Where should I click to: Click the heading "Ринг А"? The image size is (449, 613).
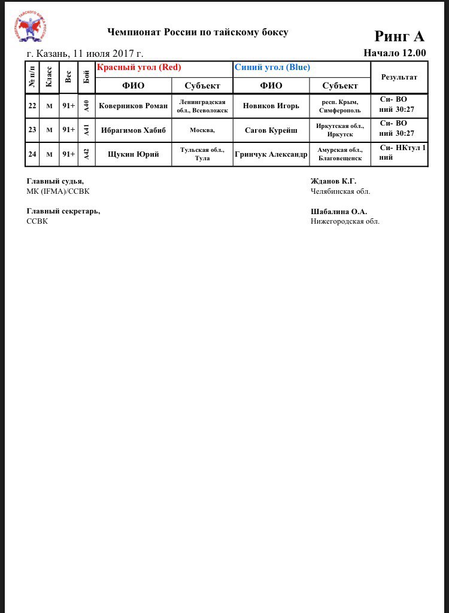point(399,36)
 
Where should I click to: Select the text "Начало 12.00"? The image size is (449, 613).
point(395,53)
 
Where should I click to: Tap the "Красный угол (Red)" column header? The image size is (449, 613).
point(139,68)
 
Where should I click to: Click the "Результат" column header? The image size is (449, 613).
point(399,77)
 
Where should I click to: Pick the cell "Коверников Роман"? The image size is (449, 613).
point(134,106)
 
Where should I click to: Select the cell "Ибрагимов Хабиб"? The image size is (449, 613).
point(134,130)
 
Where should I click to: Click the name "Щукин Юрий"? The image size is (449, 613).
point(134,154)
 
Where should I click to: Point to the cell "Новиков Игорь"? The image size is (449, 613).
point(271,106)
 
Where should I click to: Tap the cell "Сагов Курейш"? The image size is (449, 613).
point(271,130)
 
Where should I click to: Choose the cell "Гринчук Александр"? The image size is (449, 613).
point(271,154)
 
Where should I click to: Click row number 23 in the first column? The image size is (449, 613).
point(32,130)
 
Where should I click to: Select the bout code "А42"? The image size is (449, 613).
point(86,154)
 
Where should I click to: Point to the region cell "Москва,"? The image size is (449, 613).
point(202,130)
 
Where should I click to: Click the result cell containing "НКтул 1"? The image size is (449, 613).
point(399,153)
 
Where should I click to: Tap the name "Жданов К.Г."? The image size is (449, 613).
point(333,181)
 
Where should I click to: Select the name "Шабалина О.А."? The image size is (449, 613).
point(339,211)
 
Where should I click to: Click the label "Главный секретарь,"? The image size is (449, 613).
point(63,211)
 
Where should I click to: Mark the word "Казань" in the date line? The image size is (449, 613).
point(51,53)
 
